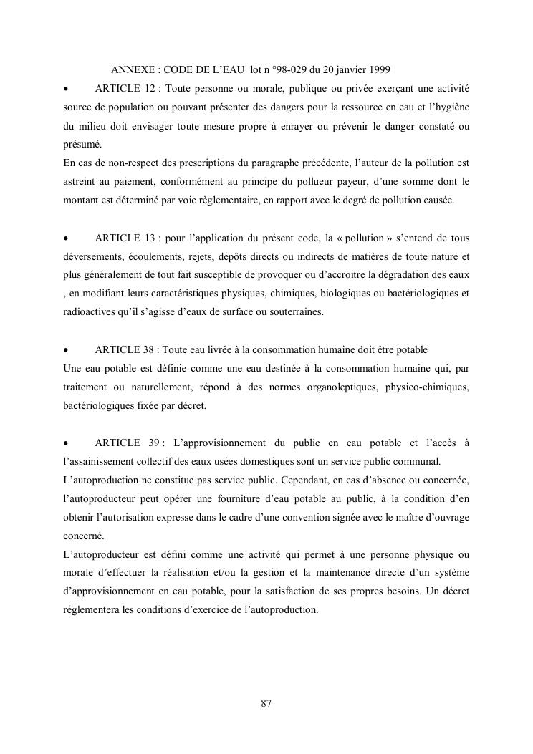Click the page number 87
(x=266, y=703)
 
